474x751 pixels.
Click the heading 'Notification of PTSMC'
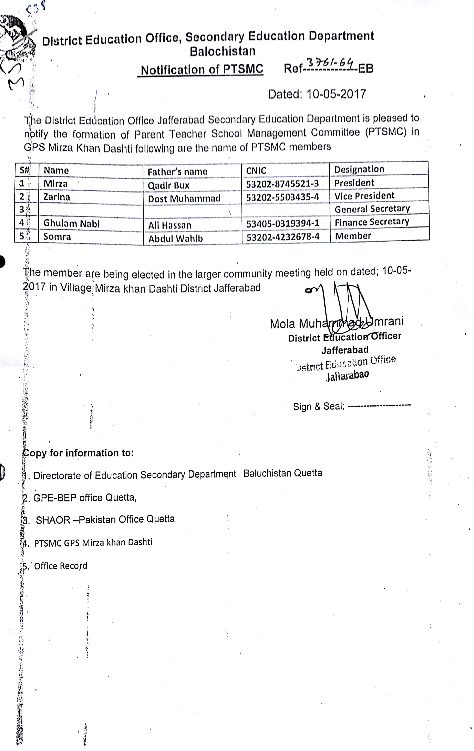coord(202,70)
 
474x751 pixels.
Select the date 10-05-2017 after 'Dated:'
coord(336,94)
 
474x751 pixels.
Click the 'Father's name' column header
coord(177,171)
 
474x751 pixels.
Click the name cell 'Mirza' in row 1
coord(55,184)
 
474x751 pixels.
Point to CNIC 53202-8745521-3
coord(282,184)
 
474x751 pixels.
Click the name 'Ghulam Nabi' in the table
coord(71,223)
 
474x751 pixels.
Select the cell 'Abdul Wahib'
coord(175,239)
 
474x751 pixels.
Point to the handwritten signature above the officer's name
coord(343,306)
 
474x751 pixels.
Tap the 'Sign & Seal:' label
coord(318,406)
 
